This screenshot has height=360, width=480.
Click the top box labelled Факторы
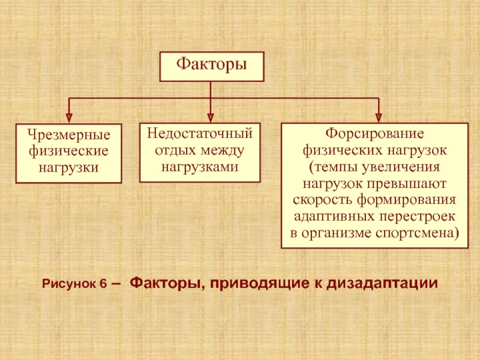tap(211, 66)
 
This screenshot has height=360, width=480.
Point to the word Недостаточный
tap(200, 132)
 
